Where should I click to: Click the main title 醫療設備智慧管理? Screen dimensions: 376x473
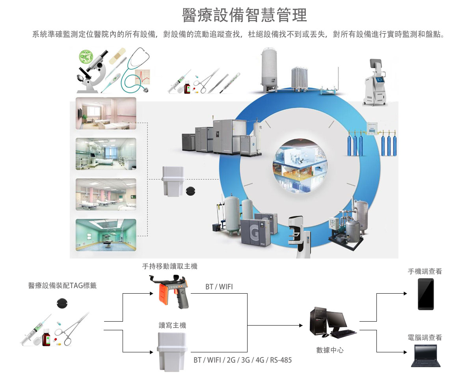point(244,15)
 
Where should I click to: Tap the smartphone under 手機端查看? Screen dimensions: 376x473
point(426,294)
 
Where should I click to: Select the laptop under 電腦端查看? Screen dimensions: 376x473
point(425,356)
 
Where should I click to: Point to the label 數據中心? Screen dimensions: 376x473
point(330,350)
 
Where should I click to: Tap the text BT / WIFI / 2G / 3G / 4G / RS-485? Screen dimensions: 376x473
point(242,360)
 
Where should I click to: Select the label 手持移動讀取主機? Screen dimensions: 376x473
point(169,266)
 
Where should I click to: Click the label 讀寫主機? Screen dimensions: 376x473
point(172,325)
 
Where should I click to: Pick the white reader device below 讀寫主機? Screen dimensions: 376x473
point(172,351)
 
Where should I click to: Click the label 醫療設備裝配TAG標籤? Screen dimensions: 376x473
point(62,285)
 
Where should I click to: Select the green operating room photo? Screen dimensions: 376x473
point(106,235)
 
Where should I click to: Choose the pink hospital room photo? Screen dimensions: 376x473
point(106,114)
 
